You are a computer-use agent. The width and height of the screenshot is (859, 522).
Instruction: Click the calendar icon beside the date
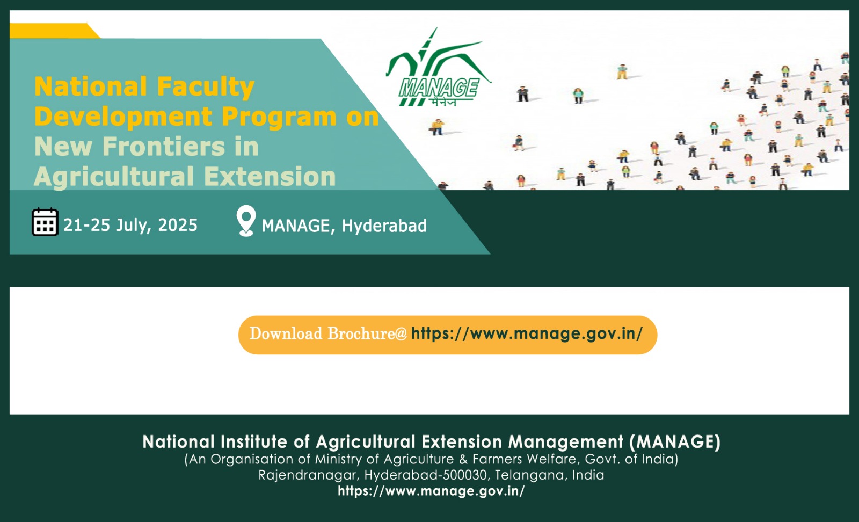45,222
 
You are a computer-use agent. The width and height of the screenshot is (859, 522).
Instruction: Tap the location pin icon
246,221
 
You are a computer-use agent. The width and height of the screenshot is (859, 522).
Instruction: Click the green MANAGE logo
438,68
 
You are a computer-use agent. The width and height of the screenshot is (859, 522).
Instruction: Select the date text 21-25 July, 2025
130,225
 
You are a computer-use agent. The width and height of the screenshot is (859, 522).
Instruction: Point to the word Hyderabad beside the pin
384,226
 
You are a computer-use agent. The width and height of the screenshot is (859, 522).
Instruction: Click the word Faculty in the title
206,87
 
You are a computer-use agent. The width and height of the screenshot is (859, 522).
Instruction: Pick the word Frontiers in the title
163,147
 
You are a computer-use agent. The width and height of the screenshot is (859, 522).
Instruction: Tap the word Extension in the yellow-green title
270,177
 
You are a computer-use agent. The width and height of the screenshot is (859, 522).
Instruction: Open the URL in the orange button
527,334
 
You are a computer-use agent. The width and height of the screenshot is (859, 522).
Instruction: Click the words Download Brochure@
328,334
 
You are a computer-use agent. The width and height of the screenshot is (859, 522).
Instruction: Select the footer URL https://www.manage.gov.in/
431,491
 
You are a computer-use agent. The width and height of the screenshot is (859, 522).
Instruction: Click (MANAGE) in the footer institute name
675,442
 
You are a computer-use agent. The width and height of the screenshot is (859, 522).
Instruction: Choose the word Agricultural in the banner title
114,177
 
